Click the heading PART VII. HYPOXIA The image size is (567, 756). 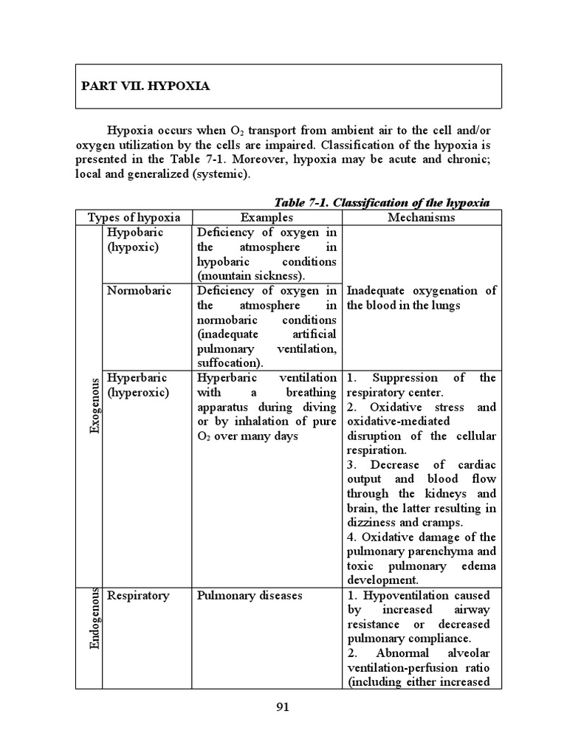(x=145, y=86)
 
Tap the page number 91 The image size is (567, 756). (x=282, y=707)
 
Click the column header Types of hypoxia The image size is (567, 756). (x=134, y=218)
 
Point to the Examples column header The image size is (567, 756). (x=267, y=218)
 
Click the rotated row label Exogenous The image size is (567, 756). (x=94, y=405)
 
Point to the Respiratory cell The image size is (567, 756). (x=138, y=595)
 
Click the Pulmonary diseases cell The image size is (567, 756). (x=250, y=595)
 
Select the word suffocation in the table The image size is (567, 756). (x=227, y=363)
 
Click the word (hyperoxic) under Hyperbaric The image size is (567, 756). (x=138, y=393)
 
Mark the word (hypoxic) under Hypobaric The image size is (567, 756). (x=132, y=247)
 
